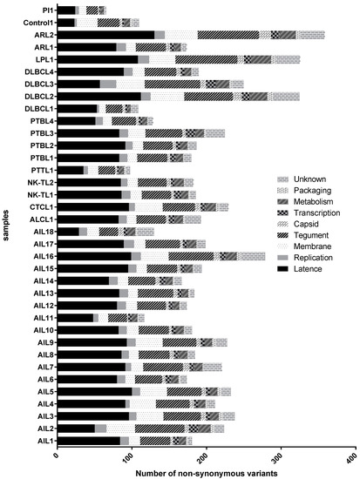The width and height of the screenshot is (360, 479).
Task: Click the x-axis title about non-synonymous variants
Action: coord(204,470)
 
